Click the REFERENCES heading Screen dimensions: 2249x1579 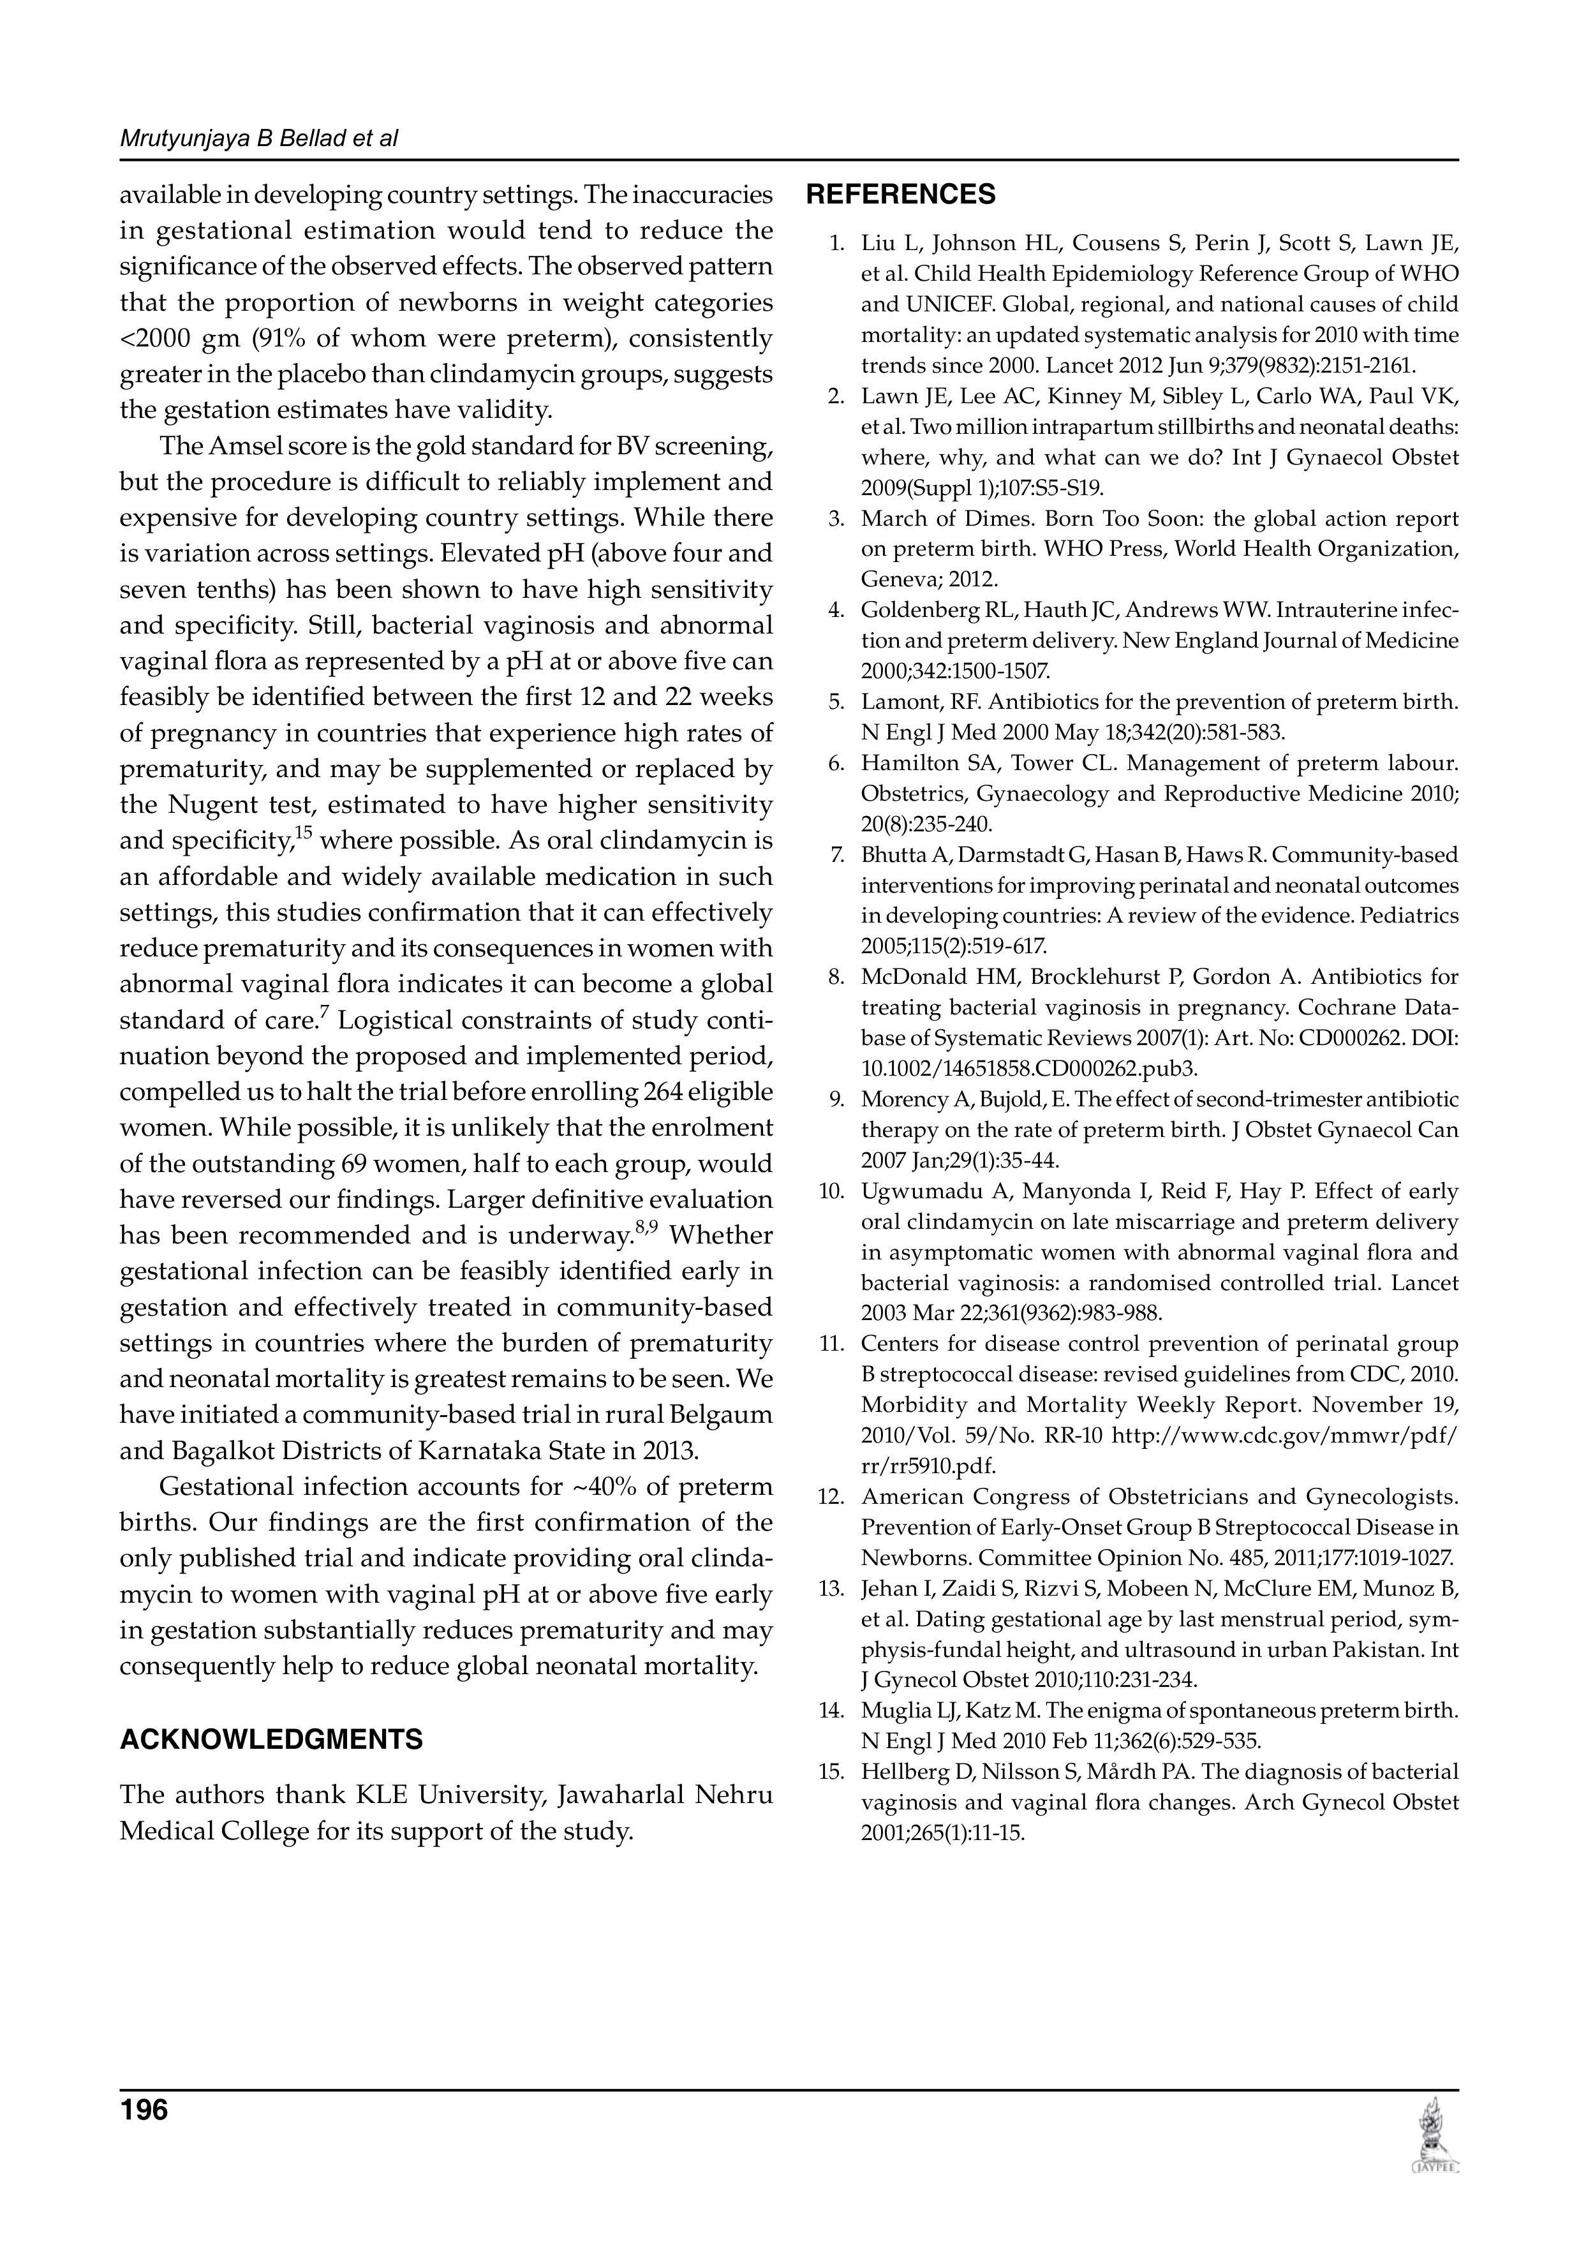(x=900, y=195)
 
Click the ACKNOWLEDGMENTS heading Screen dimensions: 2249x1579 (x=271, y=1740)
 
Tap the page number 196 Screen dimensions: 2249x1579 (x=144, y=2109)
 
